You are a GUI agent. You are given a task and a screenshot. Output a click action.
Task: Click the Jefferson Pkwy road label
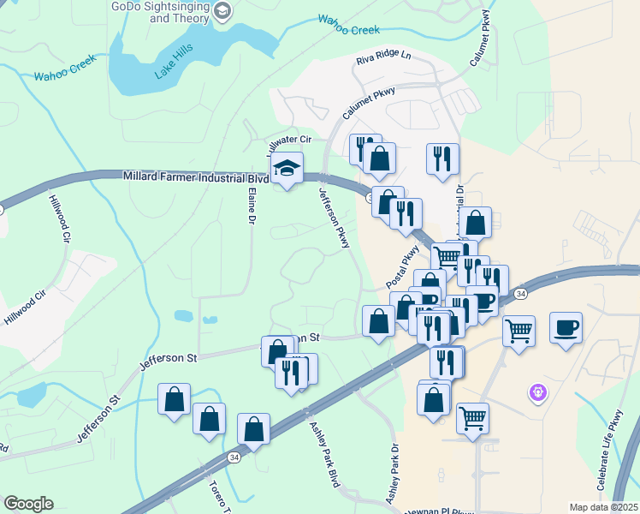pyautogui.click(x=335, y=219)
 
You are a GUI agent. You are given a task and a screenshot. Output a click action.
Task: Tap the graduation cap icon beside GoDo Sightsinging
pyautogui.click(x=222, y=11)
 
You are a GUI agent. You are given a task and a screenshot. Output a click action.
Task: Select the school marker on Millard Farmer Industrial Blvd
pyautogui.click(x=287, y=170)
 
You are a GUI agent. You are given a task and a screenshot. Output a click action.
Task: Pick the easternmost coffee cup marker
pyautogui.click(x=566, y=327)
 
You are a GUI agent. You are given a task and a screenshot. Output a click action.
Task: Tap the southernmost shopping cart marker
pyautogui.click(x=473, y=418)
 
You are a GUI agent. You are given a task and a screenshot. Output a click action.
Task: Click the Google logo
pyautogui.click(x=28, y=504)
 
